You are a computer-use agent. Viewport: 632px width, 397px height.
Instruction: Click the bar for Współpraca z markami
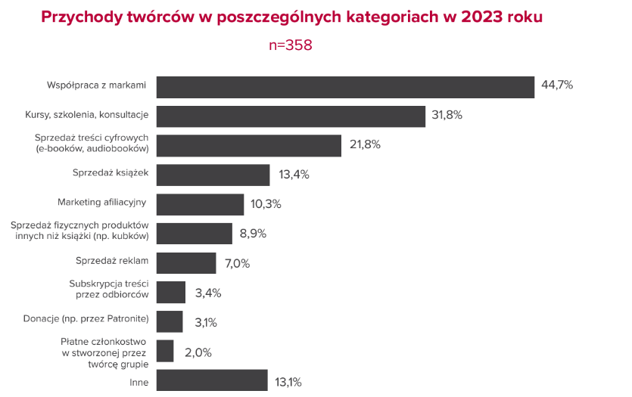tap(345, 87)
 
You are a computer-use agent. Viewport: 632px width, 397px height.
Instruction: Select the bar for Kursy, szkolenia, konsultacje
tap(291, 116)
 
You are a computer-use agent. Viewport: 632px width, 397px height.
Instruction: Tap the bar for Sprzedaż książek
tap(213, 175)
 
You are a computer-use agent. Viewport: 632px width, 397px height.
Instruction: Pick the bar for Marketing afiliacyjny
tap(200, 205)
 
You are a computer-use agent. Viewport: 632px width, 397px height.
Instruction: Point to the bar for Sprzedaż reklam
tap(186, 263)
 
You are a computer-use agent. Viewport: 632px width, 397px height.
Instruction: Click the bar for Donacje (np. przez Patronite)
tap(170, 321)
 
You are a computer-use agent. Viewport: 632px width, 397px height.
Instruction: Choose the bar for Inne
tap(212, 380)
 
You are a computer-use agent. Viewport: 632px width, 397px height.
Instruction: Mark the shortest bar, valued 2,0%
tap(165, 351)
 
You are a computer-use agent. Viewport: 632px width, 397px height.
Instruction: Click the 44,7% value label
tap(557, 85)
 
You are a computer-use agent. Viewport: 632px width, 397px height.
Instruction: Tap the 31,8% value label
tap(447, 115)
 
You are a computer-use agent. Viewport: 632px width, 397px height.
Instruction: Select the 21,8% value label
tap(364, 144)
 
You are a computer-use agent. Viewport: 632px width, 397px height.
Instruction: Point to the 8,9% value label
tap(253, 234)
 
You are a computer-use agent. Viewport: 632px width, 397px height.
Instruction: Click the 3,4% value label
tap(207, 293)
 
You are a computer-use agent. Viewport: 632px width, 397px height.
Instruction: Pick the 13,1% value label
tap(288, 382)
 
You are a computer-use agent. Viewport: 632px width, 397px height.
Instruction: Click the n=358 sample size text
tap(291, 45)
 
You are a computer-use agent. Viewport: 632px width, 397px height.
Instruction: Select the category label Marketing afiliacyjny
tap(101, 203)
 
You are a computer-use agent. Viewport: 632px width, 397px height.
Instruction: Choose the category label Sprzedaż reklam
tap(111, 261)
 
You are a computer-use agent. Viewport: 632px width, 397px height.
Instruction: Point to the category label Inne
tap(139, 383)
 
